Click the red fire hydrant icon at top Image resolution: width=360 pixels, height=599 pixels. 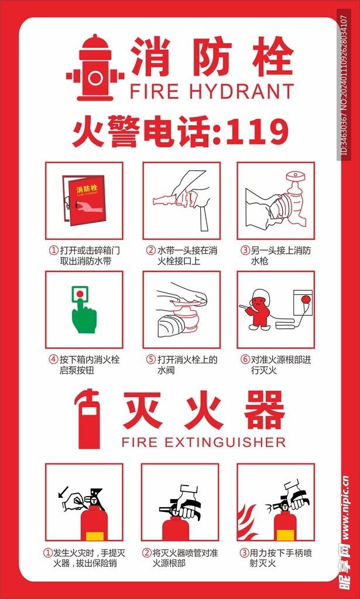(x=95, y=68)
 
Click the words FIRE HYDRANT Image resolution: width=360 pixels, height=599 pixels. (x=211, y=91)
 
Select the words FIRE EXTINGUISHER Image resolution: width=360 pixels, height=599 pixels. (x=203, y=441)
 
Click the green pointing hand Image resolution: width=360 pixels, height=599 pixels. (x=83, y=313)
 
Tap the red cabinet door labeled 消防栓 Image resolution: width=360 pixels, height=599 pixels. (x=87, y=199)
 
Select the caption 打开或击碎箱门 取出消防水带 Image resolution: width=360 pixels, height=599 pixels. (x=84, y=256)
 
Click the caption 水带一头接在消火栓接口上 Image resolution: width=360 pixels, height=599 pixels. (x=181, y=256)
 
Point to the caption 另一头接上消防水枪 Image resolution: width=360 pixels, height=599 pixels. (x=275, y=256)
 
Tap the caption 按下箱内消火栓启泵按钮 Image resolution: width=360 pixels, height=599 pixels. (x=84, y=364)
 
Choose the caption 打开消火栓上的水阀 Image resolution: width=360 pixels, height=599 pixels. (x=181, y=364)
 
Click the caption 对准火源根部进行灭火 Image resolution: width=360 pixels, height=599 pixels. (x=275, y=364)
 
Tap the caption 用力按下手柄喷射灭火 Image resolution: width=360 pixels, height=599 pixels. (x=275, y=557)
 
